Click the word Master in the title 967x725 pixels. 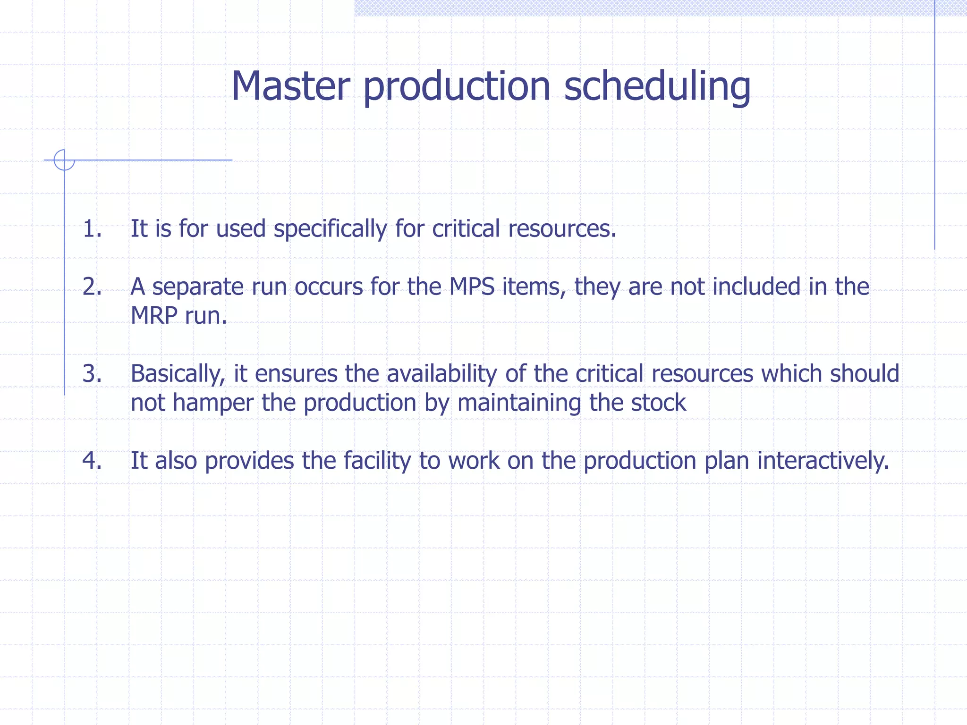point(290,86)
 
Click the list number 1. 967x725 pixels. point(92,228)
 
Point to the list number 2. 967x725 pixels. point(92,287)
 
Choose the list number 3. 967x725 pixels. point(92,373)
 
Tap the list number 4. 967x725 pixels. point(92,460)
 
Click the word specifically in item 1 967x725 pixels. point(330,229)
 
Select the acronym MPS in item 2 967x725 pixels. point(472,287)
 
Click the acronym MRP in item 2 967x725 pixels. point(153,315)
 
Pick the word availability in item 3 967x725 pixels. point(442,374)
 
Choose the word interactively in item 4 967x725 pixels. point(823,461)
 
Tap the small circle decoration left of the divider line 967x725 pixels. point(64,160)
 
